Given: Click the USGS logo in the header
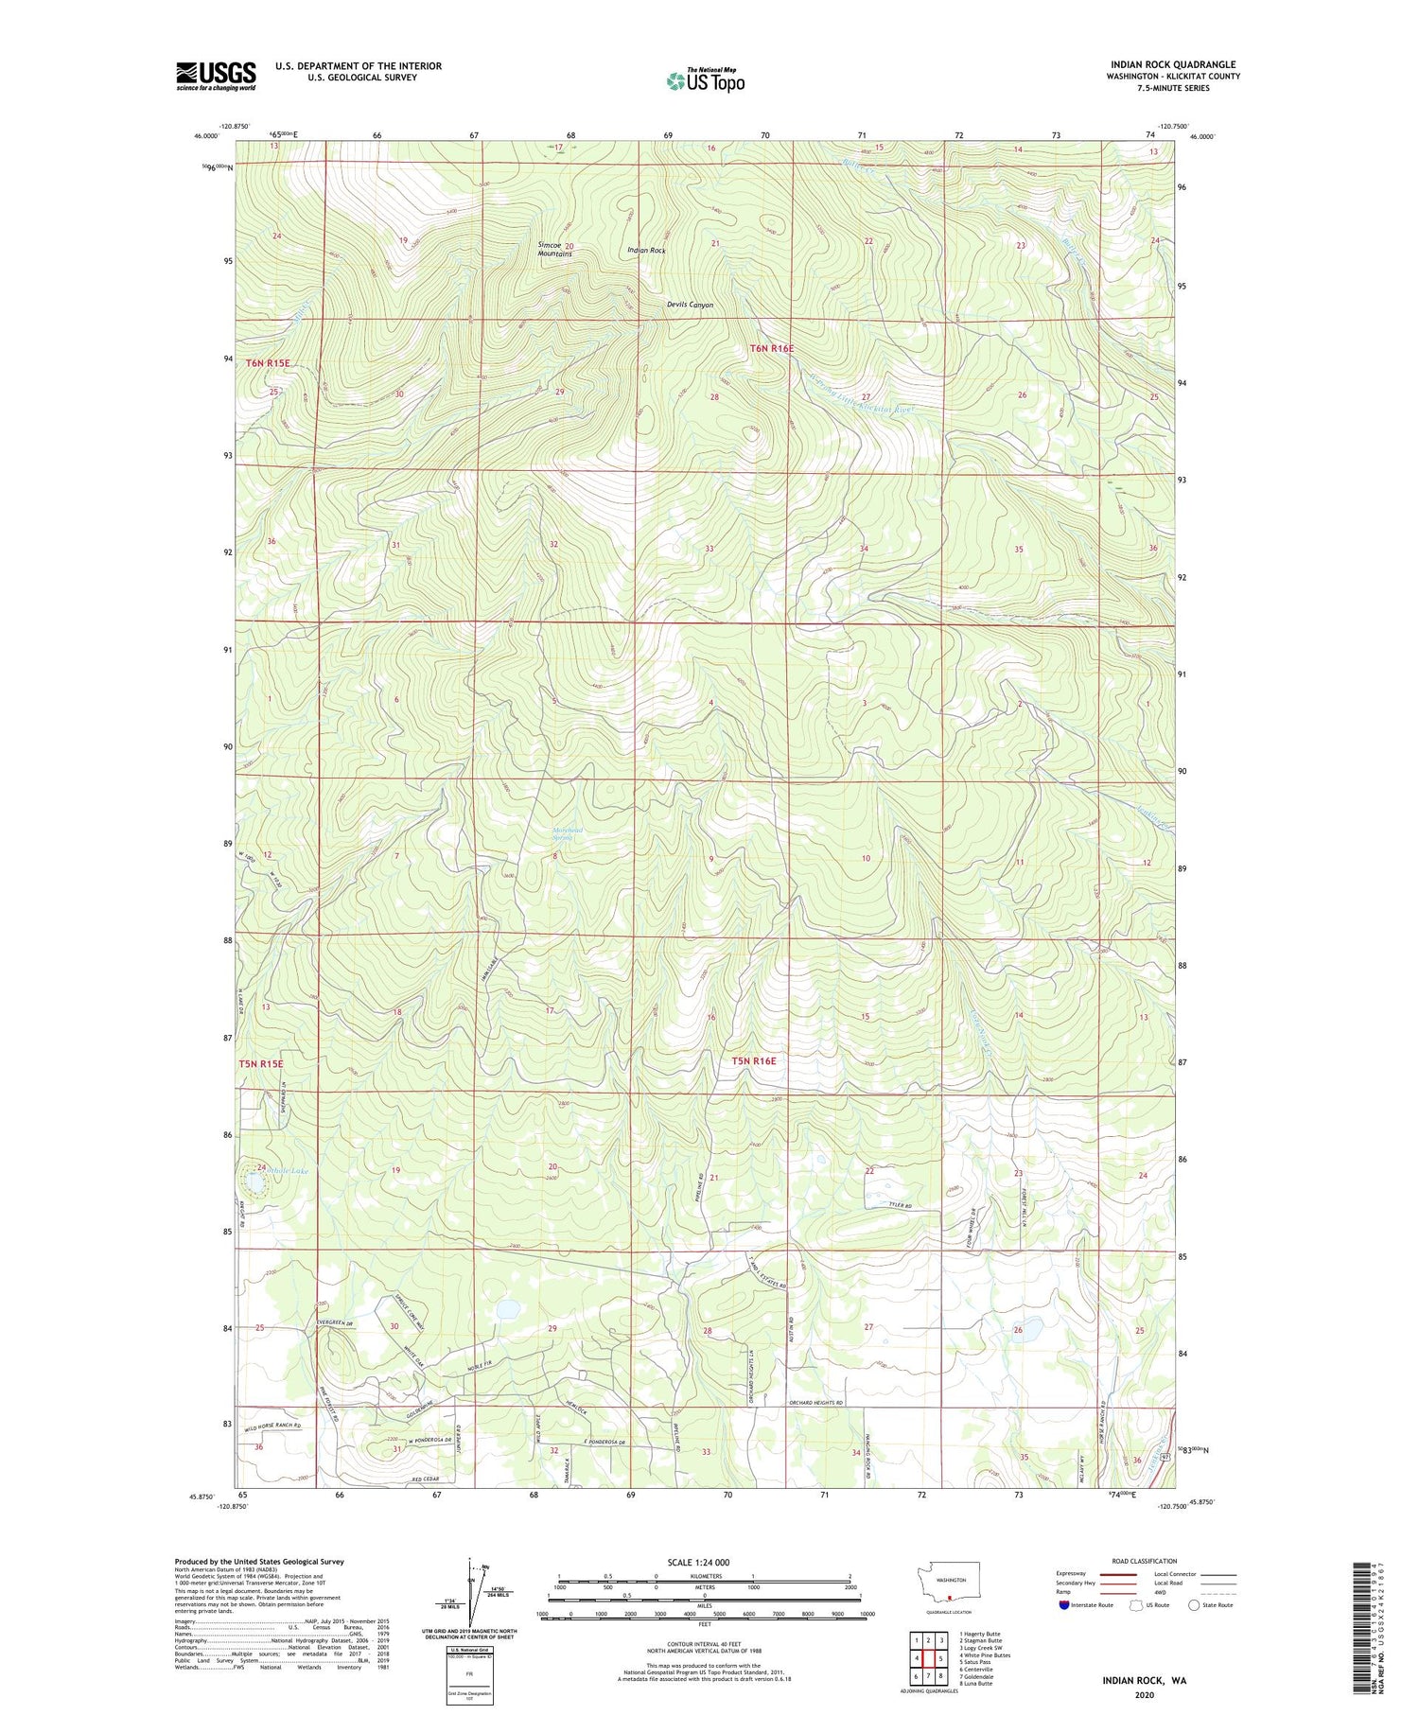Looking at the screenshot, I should pyautogui.click(x=216, y=76).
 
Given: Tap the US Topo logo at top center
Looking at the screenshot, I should pyautogui.click(x=705, y=81).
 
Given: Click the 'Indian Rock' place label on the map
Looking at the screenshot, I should pyautogui.click(x=646, y=251).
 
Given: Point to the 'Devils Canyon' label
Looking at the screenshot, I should pyautogui.click(x=690, y=305).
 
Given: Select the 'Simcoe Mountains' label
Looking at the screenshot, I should pyautogui.click(x=554, y=249).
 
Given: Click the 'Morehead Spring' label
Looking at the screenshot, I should pyautogui.click(x=568, y=833).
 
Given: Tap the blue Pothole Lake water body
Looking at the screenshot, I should pyautogui.click(x=254, y=1182).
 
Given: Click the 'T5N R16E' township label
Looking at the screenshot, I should pyautogui.click(x=753, y=1061).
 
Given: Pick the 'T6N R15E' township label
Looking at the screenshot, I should pyautogui.click(x=268, y=363).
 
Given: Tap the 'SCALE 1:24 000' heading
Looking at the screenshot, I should pyautogui.click(x=704, y=1562).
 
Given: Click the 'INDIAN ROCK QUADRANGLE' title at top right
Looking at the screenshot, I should pyautogui.click(x=1176, y=64).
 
